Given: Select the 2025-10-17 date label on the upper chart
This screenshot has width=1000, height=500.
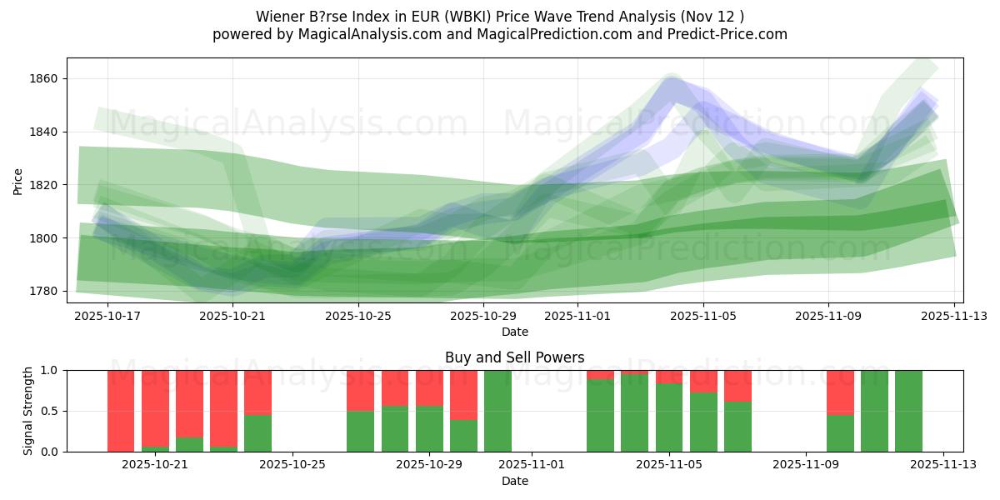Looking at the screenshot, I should click(x=108, y=316).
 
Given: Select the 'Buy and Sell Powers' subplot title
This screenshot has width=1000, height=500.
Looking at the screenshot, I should click(x=514, y=357).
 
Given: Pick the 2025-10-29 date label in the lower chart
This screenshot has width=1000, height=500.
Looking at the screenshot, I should click(x=429, y=464).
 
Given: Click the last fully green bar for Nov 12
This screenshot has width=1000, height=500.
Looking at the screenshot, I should click(x=908, y=411).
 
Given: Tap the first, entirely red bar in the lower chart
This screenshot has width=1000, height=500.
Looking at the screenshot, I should click(x=121, y=411).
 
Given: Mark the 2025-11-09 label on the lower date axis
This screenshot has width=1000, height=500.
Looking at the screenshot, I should click(x=806, y=464).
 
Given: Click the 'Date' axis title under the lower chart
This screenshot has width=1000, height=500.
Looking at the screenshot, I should click(x=514, y=481).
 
